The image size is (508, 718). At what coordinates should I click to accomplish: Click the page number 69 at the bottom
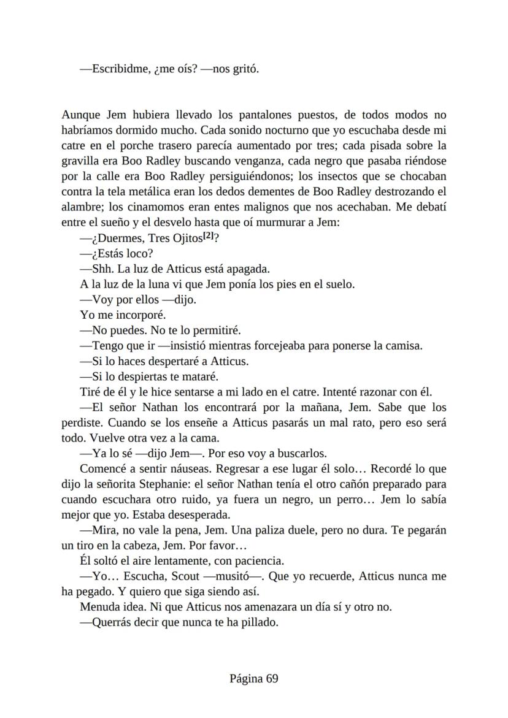click(x=272, y=678)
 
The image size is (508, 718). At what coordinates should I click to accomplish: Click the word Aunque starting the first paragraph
click(x=81, y=115)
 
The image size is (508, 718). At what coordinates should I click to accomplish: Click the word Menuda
click(x=99, y=608)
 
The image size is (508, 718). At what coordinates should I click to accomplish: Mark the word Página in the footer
click(x=247, y=678)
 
